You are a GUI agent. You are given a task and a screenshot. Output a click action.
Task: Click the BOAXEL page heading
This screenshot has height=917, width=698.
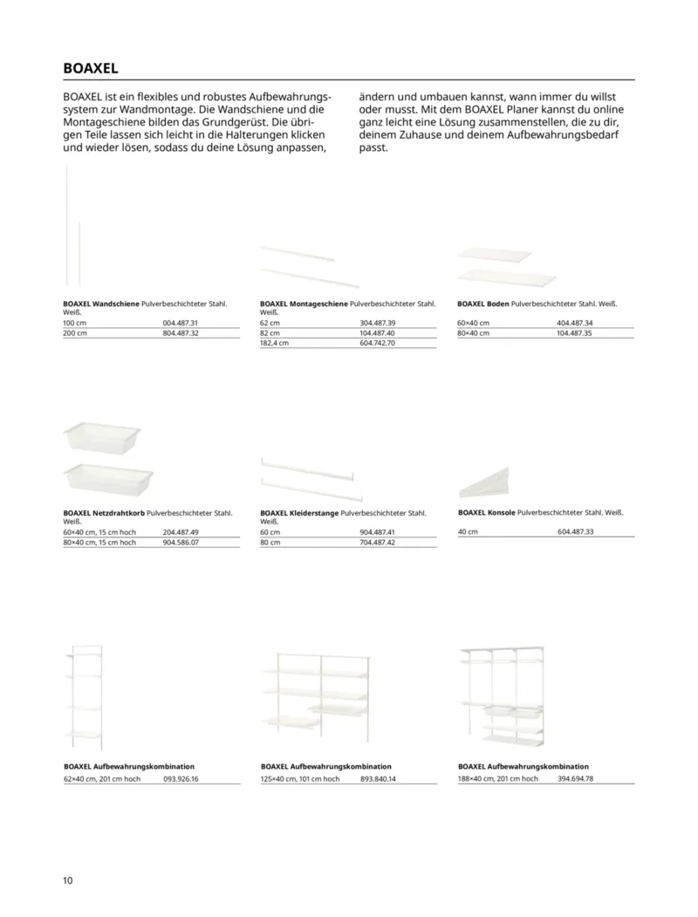91,67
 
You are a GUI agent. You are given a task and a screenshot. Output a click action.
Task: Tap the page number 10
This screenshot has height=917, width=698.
68,879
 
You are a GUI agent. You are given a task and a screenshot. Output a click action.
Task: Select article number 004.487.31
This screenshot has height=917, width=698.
181,323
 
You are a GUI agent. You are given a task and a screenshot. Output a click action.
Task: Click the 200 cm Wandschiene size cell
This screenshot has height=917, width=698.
76,333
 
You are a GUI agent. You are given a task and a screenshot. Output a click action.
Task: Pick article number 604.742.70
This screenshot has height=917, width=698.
377,343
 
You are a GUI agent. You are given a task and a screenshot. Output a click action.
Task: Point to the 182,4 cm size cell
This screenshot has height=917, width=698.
275,343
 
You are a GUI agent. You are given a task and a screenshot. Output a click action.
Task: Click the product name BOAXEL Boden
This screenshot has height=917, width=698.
483,304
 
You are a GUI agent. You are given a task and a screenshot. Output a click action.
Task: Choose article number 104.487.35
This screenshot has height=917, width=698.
574,333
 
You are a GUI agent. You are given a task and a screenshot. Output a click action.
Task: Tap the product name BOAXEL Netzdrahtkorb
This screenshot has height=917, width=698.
104,513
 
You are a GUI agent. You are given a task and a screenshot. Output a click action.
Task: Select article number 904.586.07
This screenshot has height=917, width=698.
181,542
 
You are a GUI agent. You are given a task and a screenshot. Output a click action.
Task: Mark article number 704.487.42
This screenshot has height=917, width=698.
377,542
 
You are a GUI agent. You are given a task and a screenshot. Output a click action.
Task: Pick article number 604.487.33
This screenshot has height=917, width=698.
575,531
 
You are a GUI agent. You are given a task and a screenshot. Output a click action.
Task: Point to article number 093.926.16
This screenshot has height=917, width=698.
181,778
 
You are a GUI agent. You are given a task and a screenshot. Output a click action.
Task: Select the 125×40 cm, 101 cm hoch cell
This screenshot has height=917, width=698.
300,778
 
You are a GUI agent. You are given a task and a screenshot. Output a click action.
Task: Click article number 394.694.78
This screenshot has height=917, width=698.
575,778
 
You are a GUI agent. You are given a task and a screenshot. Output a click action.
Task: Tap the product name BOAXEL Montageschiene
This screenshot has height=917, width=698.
304,304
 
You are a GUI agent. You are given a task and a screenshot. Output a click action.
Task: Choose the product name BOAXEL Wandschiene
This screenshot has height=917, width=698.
101,304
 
